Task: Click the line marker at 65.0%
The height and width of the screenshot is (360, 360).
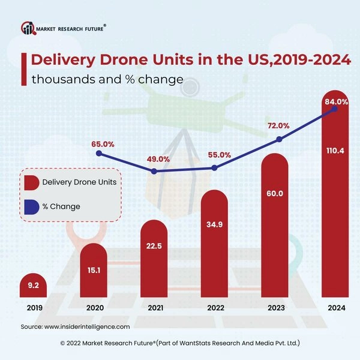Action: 99,154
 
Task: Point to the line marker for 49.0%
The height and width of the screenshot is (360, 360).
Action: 155,172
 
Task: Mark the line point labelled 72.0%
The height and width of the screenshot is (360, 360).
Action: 278,139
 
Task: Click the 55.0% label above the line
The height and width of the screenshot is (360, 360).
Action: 218,155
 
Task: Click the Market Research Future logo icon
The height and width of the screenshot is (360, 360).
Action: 28,28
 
